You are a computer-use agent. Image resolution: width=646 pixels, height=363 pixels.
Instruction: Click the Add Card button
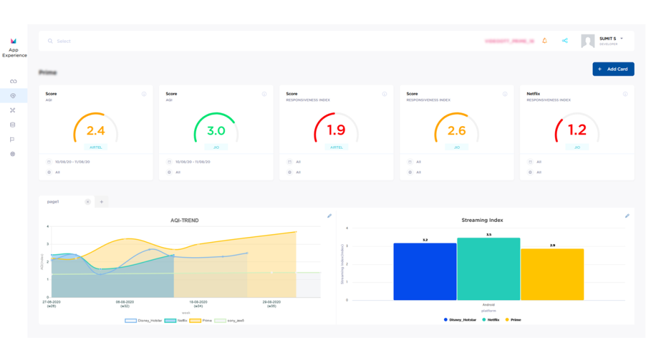tap(613, 69)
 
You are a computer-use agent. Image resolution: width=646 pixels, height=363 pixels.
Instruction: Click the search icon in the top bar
tap(50, 41)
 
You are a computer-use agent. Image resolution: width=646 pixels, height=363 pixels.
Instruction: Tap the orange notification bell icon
tap(544, 41)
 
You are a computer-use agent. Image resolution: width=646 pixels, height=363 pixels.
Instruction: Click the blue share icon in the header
tap(565, 41)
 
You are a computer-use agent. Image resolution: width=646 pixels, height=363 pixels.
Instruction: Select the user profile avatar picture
tap(588, 41)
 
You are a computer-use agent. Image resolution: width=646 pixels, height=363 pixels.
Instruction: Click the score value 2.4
tap(95, 131)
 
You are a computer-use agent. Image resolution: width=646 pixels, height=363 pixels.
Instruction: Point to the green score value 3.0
tap(216, 131)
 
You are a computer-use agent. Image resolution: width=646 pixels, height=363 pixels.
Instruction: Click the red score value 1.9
tap(336, 130)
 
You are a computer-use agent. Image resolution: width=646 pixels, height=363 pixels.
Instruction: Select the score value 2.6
tap(457, 131)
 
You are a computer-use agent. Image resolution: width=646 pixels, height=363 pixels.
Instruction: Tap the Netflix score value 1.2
tap(577, 130)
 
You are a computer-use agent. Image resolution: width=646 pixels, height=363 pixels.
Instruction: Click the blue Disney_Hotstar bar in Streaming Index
tap(425, 272)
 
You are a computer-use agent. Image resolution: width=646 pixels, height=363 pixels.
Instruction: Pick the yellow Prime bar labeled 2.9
tap(552, 274)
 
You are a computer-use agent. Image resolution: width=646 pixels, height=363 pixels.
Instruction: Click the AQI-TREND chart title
tap(184, 221)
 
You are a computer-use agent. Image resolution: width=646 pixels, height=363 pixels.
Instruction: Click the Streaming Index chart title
tap(483, 221)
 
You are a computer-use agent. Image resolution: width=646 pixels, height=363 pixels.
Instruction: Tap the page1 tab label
tap(53, 202)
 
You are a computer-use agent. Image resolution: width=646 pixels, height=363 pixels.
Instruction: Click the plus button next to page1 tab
tap(102, 202)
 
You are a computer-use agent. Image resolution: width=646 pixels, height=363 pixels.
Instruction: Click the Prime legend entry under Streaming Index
tap(514, 320)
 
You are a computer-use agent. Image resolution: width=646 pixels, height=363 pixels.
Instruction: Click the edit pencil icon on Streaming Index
tap(627, 216)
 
